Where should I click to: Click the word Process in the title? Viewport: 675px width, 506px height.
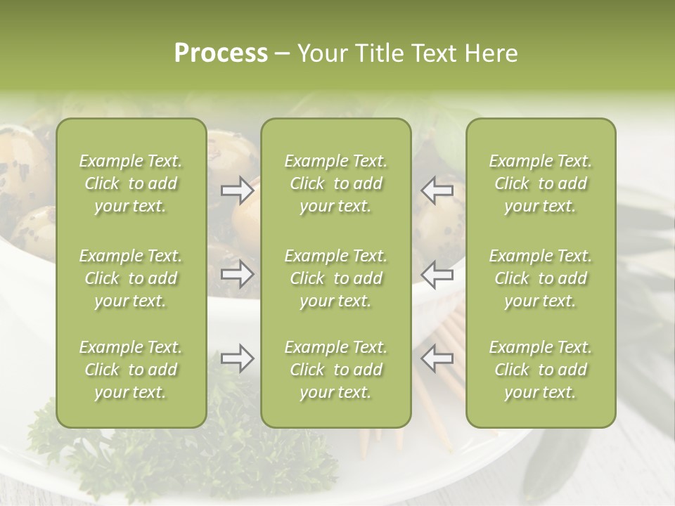click(221, 53)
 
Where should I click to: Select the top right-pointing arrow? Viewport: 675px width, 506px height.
click(238, 190)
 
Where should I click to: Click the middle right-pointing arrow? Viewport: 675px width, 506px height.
click(238, 274)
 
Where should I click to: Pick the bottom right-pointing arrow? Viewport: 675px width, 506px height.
click(238, 358)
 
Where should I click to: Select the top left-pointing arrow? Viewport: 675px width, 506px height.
click(437, 190)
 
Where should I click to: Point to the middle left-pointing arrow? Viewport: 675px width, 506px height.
click(437, 274)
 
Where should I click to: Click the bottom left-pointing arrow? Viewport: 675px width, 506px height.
click(437, 358)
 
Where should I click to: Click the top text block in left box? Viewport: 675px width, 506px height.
click(131, 183)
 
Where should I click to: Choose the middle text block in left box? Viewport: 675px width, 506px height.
click(131, 278)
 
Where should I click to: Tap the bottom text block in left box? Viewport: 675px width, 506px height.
click(131, 370)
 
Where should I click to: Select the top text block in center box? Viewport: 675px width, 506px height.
click(335, 183)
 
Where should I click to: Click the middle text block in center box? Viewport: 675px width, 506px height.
click(335, 278)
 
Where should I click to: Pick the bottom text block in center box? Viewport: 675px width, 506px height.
click(335, 370)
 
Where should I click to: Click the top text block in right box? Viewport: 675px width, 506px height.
click(540, 183)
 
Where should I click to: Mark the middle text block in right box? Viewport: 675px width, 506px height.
click(540, 278)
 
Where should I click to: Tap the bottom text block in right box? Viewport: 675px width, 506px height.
click(540, 370)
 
